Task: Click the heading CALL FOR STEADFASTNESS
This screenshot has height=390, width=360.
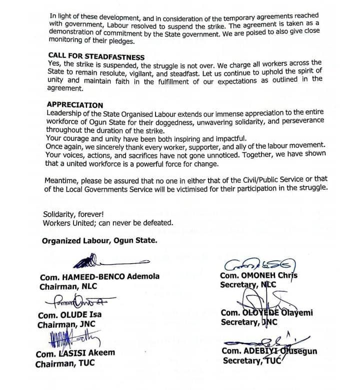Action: (x=96, y=56)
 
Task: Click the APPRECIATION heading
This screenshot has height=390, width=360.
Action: (x=74, y=105)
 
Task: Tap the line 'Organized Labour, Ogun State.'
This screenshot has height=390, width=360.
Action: (x=99, y=240)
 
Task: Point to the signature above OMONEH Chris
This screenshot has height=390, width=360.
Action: (x=259, y=265)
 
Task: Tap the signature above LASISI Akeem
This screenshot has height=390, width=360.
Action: (x=75, y=340)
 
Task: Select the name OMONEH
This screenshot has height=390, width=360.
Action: (x=263, y=276)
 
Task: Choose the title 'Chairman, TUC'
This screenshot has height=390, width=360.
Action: (x=65, y=364)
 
